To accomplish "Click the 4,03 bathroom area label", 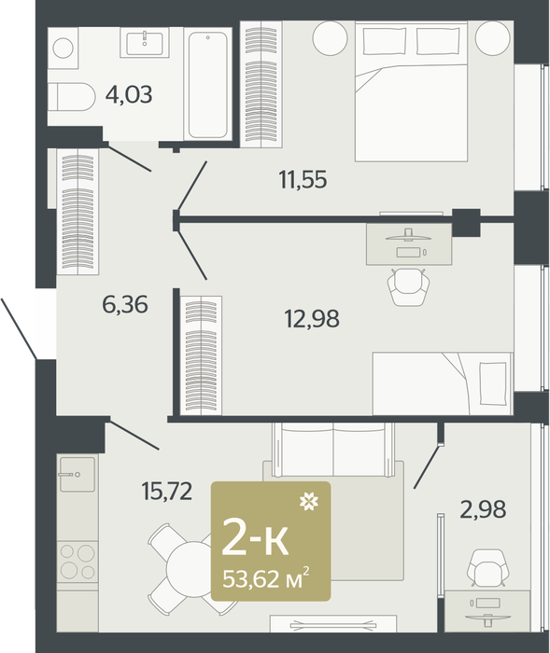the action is coord(129,95).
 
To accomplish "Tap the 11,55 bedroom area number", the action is coord(303,180).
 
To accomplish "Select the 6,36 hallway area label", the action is coord(125,304).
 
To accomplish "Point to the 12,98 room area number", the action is coord(312,319).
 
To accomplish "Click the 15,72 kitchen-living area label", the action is coord(167,491).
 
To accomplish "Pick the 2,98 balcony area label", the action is coord(483,509).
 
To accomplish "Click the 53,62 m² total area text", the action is coord(266,578).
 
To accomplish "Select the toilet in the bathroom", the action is coord(71,97).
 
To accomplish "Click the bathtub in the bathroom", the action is coord(207,85).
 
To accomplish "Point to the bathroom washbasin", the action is coord(145,43).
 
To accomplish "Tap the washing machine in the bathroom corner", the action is coord(63,48).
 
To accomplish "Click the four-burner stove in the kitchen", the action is coord(78,563).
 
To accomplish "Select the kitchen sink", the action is coord(78,474).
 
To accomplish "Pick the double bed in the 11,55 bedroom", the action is coord(411,91).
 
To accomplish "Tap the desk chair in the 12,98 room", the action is coord(408,286).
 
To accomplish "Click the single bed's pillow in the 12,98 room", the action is coord(493,383).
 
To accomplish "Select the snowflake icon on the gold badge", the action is coord(309,501).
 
